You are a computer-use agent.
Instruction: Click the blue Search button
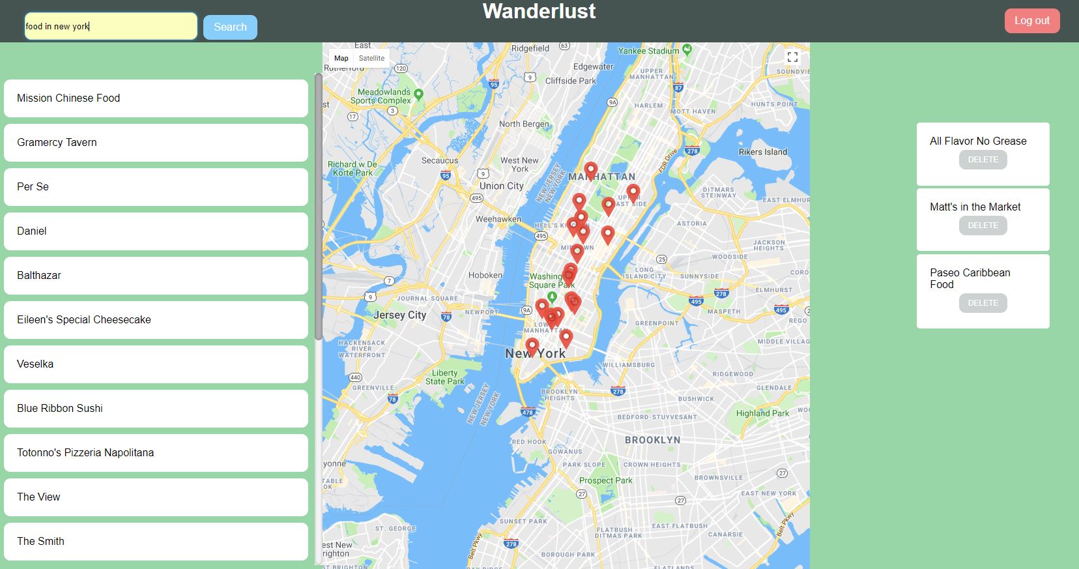click(x=230, y=27)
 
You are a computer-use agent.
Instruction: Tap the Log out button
click(x=1031, y=21)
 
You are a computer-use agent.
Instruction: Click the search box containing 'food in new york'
click(x=111, y=27)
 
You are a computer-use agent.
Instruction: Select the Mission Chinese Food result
click(x=156, y=98)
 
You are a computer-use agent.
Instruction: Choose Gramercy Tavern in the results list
click(x=156, y=143)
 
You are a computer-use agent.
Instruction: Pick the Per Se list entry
click(x=156, y=187)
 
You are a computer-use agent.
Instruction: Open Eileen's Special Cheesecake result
click(x=156, y=320)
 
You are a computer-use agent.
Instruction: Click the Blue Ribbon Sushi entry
click(x=156, y=409)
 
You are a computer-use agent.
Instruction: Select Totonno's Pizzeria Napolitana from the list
click(x=156, y=453)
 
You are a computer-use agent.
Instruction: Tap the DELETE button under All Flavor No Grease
click(x=983, y=160)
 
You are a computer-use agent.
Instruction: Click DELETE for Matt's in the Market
click(x=983, y=226)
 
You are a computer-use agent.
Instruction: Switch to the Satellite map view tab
click(x=371, y=58)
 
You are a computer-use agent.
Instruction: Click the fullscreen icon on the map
click(x=792, y=57)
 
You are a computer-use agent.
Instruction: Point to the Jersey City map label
click(x=399, y=315)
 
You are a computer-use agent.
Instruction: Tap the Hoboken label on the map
click(x=485, y=275)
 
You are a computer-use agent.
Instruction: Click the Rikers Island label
click(x=762, y=152)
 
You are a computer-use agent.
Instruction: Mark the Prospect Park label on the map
click(x=605, y=480)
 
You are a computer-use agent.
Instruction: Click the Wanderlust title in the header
click(x=539, y=11)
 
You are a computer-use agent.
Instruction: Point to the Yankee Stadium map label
click(x=648, y=51)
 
